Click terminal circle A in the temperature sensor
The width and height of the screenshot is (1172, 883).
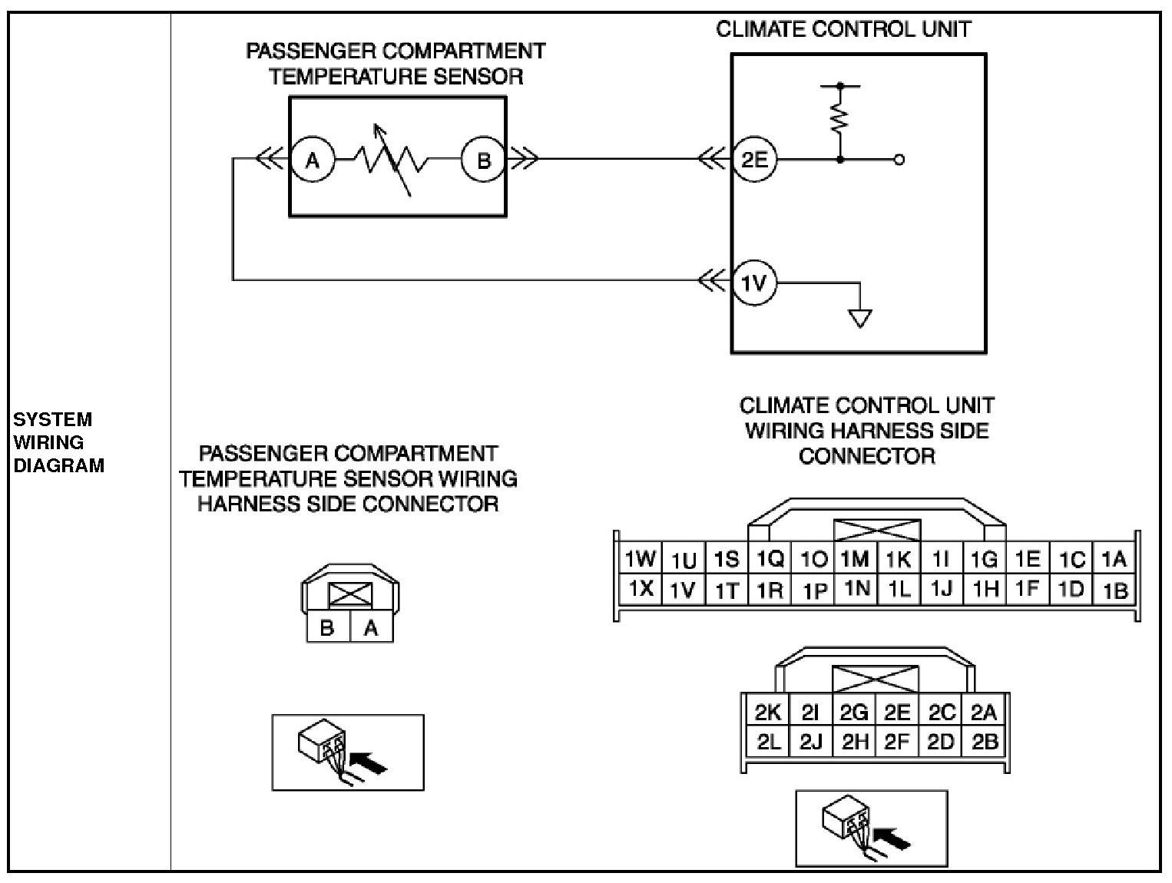(312, 160)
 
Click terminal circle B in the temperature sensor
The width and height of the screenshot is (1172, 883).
(483, 160)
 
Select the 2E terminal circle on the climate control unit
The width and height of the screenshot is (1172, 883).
(754, 160)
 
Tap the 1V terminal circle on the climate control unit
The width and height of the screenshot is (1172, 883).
(754, 283)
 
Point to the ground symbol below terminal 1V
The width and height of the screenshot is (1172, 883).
(860, 317)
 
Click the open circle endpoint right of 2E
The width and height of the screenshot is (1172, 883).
(899, 160)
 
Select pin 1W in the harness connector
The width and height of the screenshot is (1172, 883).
(640, 559)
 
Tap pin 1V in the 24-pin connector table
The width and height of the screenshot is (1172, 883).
(683, 590)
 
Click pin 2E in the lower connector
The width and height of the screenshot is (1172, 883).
(897, 713)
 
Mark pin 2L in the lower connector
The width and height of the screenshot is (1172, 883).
(768, 742)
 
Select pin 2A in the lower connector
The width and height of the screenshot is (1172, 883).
(984, 713)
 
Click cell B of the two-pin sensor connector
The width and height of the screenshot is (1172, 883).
(327, 628)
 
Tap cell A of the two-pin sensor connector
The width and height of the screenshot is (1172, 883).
(371, 628)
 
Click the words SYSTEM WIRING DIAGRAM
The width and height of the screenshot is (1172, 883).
(58, 442)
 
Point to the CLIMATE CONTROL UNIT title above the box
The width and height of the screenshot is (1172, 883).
(843, 29)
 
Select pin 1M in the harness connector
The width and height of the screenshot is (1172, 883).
(854, 559)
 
